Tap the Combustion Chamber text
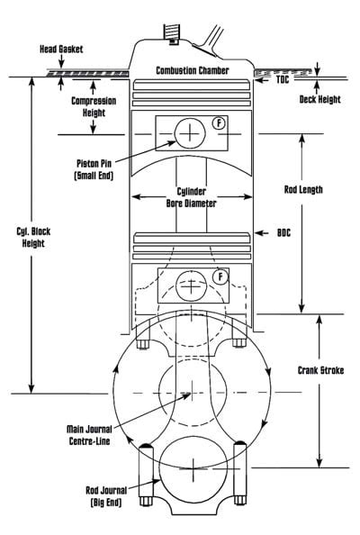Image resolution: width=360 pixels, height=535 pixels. pos(193,70)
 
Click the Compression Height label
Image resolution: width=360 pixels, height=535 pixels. pos(93,108)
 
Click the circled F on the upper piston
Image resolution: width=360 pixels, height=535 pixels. pos(219,122)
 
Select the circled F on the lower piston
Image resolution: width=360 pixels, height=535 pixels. pos(219,277)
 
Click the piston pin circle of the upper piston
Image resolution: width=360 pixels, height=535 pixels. pos(190,133)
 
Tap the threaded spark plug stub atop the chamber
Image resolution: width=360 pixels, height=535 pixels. pos(166,31)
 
